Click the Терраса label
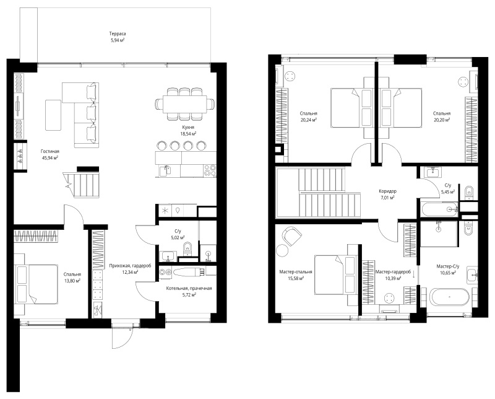pyautogui.click(x=118, y=33)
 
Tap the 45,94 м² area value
pyautogui.click(x=50, y=157)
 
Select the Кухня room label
pyautogui.click(x=188, y=127)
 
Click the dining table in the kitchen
pyautogui.click(x=185, y=104)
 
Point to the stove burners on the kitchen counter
pyautogui.click(x=210, y=170)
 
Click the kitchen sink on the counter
pyautogui.click(x=165, y=170)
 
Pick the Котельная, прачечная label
pyautogui.click(x=189, y=288)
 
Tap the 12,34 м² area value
pyautogui.click(x=130, y=272)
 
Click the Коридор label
pyautogui.click(x=388, y=191)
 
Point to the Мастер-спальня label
pyautogui.click(x=296, y=272)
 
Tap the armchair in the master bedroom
pyautogui.click(x=292, y=236)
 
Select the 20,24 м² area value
pyautogui.click(x=309, y=120)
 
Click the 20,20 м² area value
pyautogui.click(x=442, y=120)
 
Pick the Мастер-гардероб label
pyautogui.click(x=393, y=272)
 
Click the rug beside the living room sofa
pyautogui.click(x=53, y=115)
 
